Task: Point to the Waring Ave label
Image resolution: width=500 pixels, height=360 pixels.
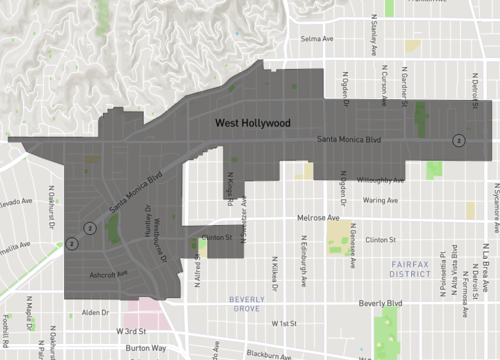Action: pyautogui.click(x=380, y=200)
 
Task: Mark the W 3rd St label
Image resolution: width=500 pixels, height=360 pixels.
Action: pyautogui.click(x=130, y=331)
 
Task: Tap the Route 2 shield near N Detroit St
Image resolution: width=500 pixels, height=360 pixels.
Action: pyautogui.click(x=458, y=140)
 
